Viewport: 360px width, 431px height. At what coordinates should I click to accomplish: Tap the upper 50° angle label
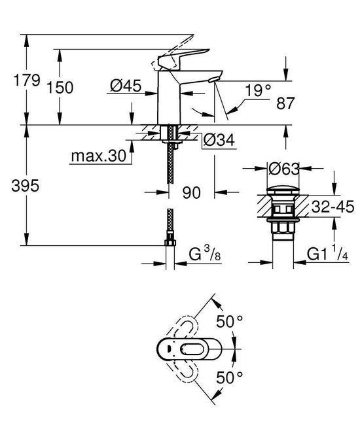(230, 322)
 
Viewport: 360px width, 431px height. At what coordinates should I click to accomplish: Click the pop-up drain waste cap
(284, 193)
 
